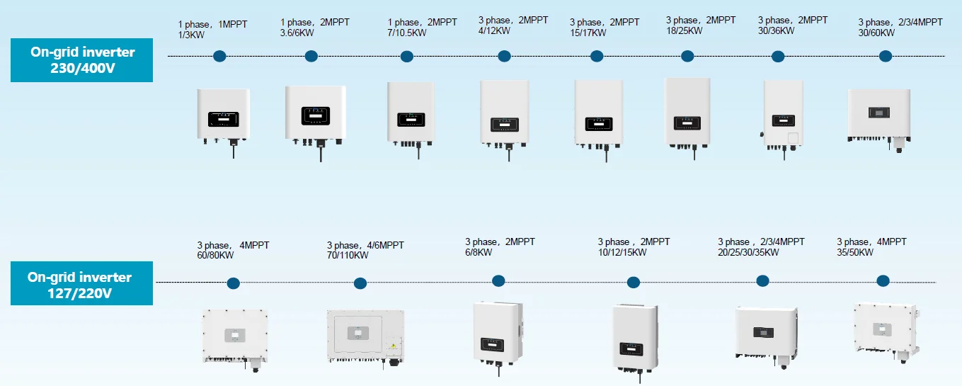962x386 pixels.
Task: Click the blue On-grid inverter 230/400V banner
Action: point(81,60)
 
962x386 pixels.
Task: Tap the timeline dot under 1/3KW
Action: point(219,55)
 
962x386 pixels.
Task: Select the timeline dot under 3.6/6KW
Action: point(310,56)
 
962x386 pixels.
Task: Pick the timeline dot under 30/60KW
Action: point(885,56)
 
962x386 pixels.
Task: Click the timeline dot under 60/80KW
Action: point(233,283)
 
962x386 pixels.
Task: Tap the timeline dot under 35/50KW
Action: point(883,280)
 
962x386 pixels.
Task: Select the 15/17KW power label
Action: point(588,33)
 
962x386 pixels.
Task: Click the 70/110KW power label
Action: point(348,255)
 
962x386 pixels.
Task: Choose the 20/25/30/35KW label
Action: point(748,252)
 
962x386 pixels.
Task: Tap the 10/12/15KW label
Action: point(622,252)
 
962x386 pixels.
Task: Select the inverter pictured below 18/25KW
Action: point(687,113)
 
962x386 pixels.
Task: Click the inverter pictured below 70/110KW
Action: point(365,336)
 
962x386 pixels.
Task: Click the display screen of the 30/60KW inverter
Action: point(878,112)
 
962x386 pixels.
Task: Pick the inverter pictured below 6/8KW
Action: point(498,333)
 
